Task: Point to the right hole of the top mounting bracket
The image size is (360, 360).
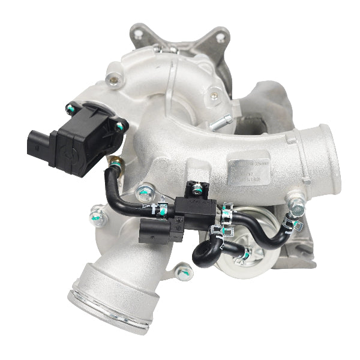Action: (x=220, y=37)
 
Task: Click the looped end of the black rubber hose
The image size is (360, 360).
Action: (x=205, y=253)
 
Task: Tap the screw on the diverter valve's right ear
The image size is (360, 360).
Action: (x=119, y=127)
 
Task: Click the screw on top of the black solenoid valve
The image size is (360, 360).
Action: (x=196, y=190)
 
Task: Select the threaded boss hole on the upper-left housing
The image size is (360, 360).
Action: (x=112, y=77)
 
